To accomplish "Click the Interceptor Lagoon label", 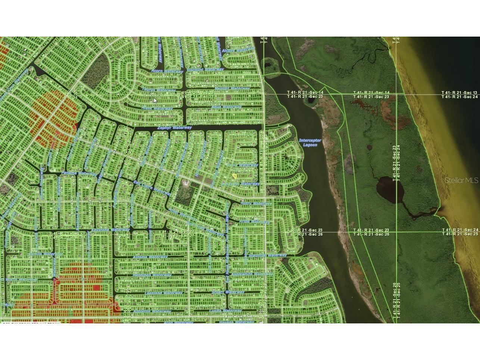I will (x=310, y=142).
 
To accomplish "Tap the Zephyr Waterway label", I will (x=174, y=128).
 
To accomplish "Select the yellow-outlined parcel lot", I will (x=234, y=176).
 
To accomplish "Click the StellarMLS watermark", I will (x=461, y=180).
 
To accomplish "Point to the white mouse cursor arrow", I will (x=155, y=100).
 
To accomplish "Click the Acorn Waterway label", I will (x=167, y=71).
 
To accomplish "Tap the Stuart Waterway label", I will (x=228, y=292).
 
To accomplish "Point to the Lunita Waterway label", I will (x=225, y=310).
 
